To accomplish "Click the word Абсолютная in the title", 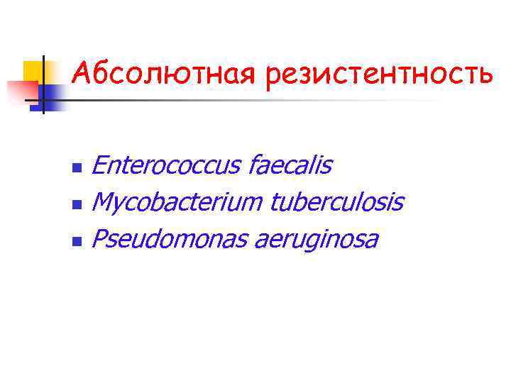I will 164,72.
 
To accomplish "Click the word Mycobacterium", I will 177,204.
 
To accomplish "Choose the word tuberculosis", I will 336,203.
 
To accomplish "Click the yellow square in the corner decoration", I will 33,71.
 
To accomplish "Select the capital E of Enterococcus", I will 100,166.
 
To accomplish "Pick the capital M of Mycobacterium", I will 104,203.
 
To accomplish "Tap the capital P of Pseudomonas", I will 99,240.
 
